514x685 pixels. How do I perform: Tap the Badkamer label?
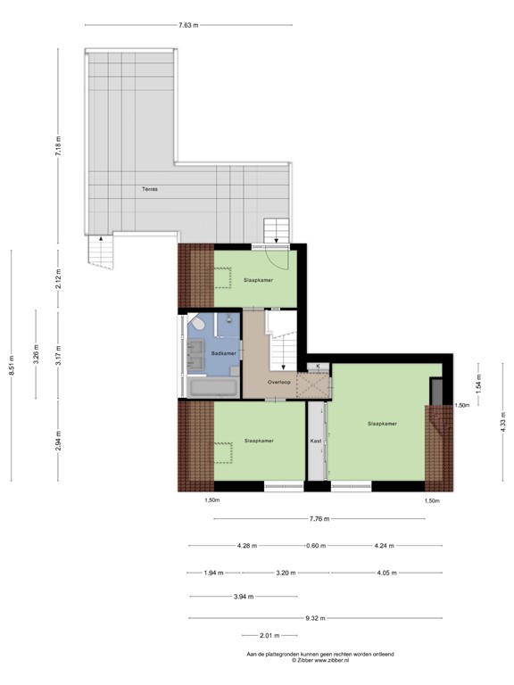223,354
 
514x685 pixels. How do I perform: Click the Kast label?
316,441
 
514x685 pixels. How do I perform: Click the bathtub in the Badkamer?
212,387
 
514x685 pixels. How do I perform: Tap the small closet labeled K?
318,366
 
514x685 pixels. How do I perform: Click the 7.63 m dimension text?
187,25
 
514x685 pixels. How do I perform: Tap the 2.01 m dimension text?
269,636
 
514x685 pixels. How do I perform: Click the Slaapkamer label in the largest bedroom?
382,424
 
